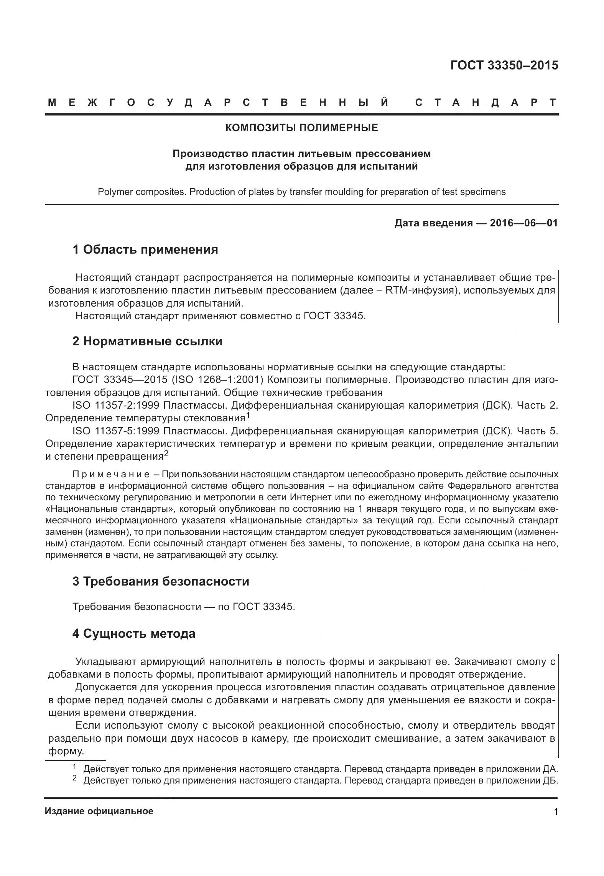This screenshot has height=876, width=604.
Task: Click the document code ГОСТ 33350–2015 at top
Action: click(504, 66)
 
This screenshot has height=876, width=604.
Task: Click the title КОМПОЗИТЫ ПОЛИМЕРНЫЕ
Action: click(301, 128)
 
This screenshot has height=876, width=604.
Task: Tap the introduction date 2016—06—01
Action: click(523, 223)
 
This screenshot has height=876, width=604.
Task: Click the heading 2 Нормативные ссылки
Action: click(147, 341)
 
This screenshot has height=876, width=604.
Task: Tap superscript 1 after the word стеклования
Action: click(248, 415)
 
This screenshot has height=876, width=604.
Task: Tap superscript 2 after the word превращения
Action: click(166, 453)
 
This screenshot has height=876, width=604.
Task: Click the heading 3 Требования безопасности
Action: click(161, 581)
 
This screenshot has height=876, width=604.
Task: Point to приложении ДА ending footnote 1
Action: click(522, 769)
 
